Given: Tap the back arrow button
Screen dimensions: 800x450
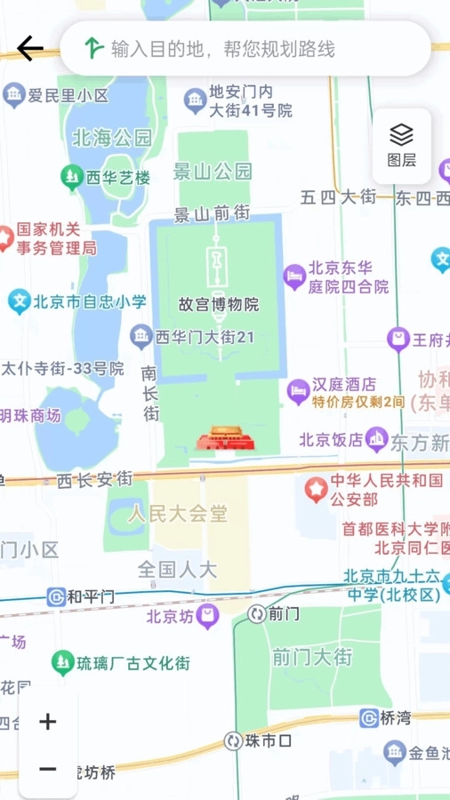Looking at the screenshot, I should tap(29, 48).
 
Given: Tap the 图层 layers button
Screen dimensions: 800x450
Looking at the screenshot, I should tap(401, 145).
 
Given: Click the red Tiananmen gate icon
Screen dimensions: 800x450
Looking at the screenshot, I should tap(220, 439).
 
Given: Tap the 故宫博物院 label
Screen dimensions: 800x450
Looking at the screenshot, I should tap(219, 305).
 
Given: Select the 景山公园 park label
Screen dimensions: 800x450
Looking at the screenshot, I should tap(213, 171).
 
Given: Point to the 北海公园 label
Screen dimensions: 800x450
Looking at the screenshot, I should tap(112, 138).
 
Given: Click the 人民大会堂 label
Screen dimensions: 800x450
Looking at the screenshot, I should tap(177, 514).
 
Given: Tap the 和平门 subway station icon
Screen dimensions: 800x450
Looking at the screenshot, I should tap(57, 596).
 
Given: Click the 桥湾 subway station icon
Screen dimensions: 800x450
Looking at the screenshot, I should tap(369, 718).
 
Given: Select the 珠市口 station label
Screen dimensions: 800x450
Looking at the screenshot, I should tap(270, 740).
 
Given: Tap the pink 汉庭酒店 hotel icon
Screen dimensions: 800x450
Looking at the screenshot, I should tap(298, 388).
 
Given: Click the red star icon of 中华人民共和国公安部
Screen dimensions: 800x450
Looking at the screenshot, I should tap(316, 489).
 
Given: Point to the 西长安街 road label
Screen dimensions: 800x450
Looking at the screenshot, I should tap(94, 480).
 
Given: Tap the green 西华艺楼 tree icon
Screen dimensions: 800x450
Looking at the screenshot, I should tap(72, 178).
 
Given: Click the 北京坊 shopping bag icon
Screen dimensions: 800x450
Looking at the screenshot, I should tap(208, 615).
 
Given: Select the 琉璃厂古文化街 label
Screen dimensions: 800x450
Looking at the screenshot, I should tap(133, 663).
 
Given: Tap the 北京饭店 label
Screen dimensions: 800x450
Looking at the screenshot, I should tap(331, 439).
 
